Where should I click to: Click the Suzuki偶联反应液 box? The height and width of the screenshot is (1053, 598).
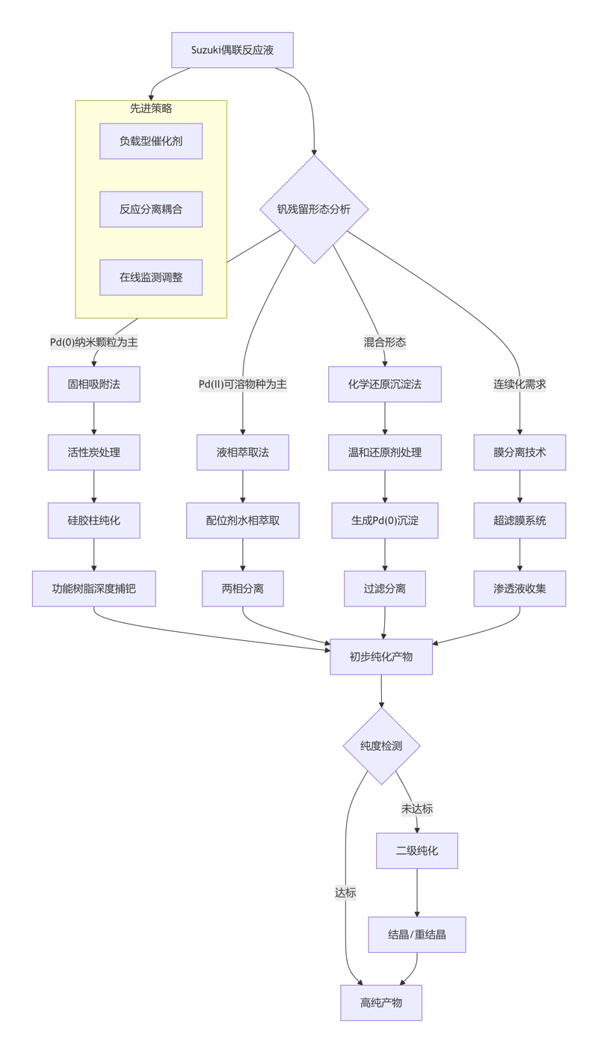click(x=232, y=50)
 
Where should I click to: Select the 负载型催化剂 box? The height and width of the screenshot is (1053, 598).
click(x=151, y=141)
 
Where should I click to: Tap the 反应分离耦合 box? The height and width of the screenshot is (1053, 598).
click(x=151, y=209)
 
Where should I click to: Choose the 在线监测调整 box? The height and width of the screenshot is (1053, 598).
click(x=151, y=277)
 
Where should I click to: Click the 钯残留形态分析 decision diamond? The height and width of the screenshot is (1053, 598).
click(x=314, y=209)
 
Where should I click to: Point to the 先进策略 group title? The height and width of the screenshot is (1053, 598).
click(x=151, y=108)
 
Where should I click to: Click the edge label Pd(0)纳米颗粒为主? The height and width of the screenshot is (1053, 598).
click(x=94, y=343)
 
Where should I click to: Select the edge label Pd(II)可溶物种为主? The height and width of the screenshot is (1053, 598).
click(x=243, y=384)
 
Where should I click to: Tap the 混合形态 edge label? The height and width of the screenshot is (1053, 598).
click(x=385, y=343)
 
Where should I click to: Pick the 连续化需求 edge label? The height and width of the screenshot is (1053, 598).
click(x=520, y=384)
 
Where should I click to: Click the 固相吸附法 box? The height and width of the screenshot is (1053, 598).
click(x=94, y=384)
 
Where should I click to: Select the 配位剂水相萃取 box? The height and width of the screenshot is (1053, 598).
click(x=243, y=521)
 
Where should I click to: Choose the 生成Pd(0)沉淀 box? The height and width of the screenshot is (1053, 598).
click(x=385, y=521)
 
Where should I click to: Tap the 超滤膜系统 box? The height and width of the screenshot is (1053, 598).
click(x=520, y=521)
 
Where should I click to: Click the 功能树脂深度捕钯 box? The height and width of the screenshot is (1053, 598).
click(x=94, y=589)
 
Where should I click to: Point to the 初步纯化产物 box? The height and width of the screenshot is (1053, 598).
click(x=381, y=657)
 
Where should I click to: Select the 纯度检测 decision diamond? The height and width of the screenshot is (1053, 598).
click(x=381, y=746)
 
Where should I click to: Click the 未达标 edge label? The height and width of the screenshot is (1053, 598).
click(x=416, y=808)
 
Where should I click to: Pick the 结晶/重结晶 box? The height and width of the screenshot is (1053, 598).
click(x=417, y=935)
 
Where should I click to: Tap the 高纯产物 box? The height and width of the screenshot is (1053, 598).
click(x=381, y=1003)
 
